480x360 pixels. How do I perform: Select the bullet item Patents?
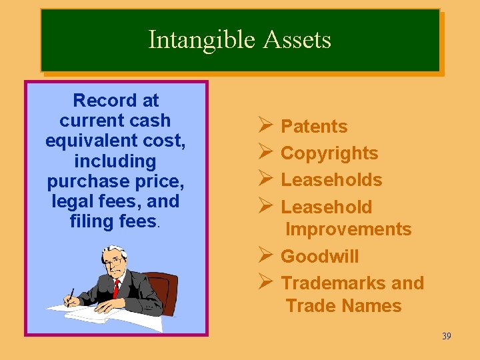pyautogui.click(x=314, y=127)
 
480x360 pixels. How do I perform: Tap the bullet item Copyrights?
pyautogui.click(x=329, y=153)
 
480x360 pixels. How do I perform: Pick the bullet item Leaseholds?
pyautogui.click(x=331, y=180)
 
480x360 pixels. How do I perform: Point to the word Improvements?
pyautogui.click(x=348, y=229)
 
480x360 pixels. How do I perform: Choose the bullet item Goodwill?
pyautogui.click(x=319, y=257)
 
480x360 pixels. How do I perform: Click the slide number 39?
pyautogui.click(x=446, y=336)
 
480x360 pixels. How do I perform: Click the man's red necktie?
pyautogui.click(x=116, y=288)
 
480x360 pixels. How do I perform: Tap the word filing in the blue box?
pyautogui.click(x=91, y=221)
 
